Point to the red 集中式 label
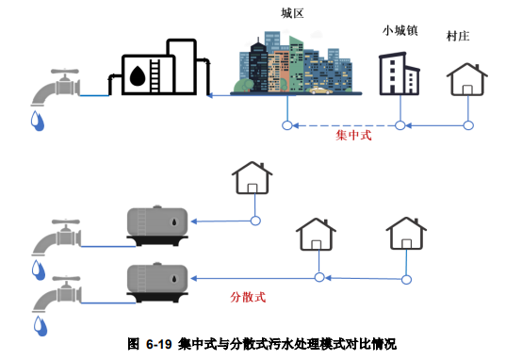[x=354, y=136]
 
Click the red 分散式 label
[x=249, y=296]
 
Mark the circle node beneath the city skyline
[x=286, y=124]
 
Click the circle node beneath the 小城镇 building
[x=400, y=124]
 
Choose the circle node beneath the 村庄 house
[x=467, y=124]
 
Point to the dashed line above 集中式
[x=343, y=124]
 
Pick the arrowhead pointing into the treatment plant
[x=210, y=94]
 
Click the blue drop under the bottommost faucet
[x=40, y=326]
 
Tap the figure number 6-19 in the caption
[x=160, y=345]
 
